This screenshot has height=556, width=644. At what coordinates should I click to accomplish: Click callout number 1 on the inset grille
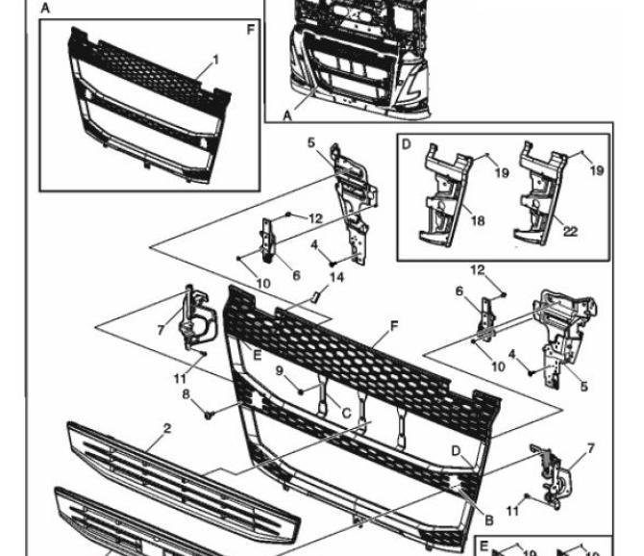pos(215,60)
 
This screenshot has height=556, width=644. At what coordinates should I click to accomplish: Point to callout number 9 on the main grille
pos(280,369)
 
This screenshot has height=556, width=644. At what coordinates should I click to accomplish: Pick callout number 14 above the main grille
pos(335,278)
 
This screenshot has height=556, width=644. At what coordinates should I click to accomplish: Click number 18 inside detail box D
pos(478,220)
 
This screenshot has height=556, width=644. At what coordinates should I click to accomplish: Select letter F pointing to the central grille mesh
pos(394,327)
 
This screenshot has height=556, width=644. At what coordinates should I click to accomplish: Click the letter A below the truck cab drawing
pos(286,114)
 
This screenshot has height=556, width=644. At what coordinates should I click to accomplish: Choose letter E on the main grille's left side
pos(258,355)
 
